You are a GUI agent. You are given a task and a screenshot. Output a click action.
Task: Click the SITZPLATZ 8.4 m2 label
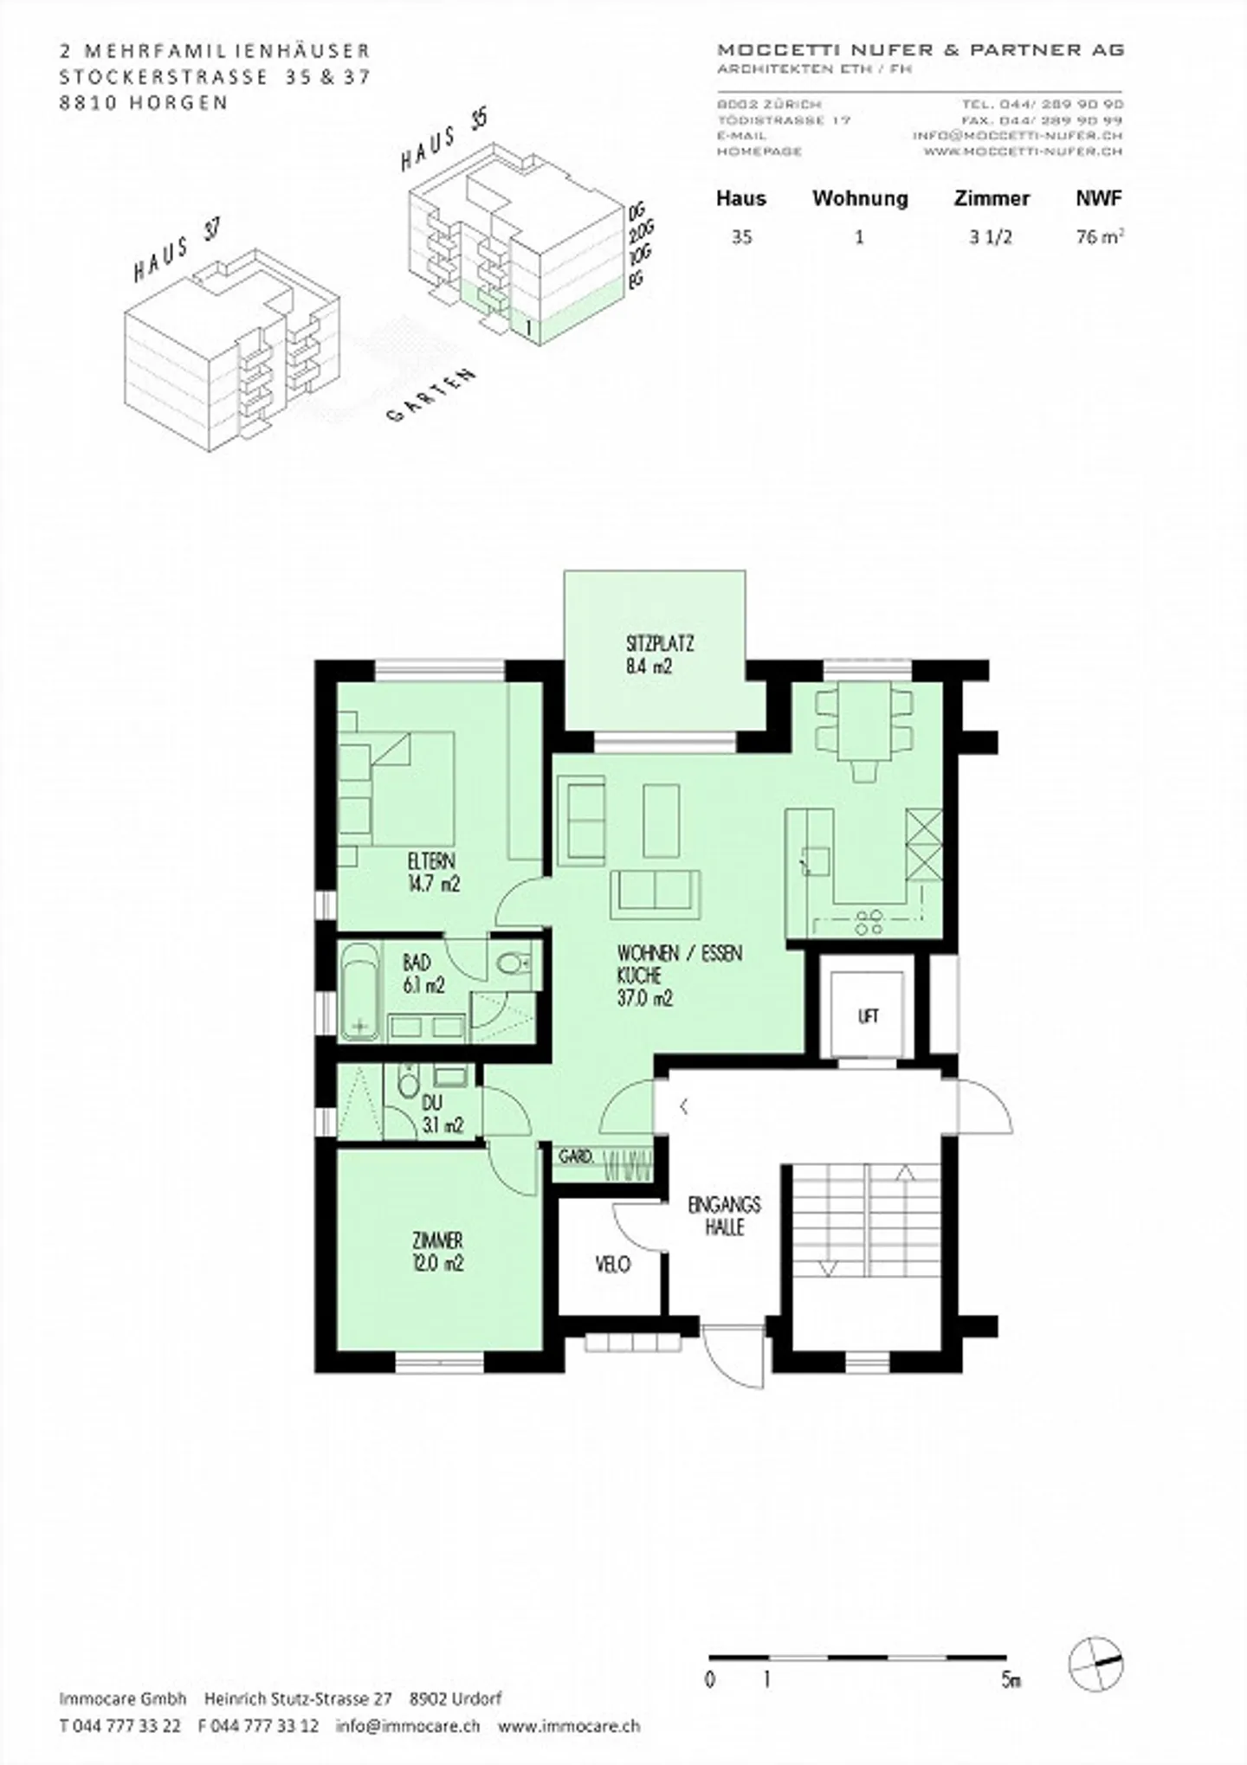(659, 655)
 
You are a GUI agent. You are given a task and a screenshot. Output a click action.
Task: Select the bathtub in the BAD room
(360, 991)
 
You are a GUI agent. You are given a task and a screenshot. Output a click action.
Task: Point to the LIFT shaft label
(868, 1016)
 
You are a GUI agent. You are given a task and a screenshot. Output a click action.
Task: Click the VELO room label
(612, 1265)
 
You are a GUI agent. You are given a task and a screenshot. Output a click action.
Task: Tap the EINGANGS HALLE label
(724, 1215)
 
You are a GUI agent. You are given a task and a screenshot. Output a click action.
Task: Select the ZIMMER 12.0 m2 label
(437, 1252)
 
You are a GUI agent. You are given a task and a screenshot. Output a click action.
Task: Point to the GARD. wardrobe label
(575, 1156)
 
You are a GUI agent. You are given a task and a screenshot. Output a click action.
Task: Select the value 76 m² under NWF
(1099, 236)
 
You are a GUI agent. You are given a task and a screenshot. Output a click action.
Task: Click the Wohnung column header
(859, 198)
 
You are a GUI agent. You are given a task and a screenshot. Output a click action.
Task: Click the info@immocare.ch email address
(407, 1724)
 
